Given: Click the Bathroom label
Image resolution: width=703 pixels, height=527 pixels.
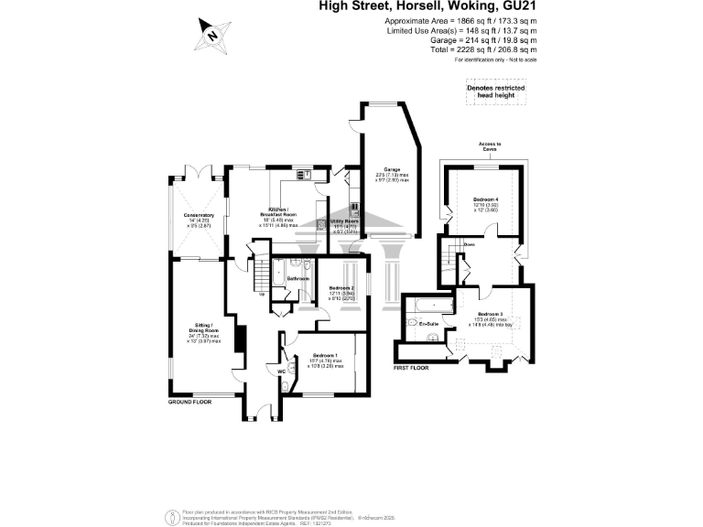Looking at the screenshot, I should click(x=298, y=278).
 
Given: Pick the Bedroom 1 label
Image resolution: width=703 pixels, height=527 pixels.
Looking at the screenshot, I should click(x=326, y=355).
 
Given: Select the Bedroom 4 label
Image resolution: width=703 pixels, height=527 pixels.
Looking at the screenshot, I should click(x=485, y=199).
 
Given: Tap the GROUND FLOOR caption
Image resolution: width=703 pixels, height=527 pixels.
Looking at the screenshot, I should click(x=190, y=403).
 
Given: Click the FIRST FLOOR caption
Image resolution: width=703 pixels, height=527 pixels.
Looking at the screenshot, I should click(x=411, y=366).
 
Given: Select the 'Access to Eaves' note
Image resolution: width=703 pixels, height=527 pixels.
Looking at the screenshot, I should click(x=489, y=147).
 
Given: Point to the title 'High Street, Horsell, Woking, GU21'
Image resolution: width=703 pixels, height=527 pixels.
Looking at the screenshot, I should click(x=427, y=5).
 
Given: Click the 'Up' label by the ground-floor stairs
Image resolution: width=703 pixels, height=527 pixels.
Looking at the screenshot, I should click(x=263, y=294).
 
